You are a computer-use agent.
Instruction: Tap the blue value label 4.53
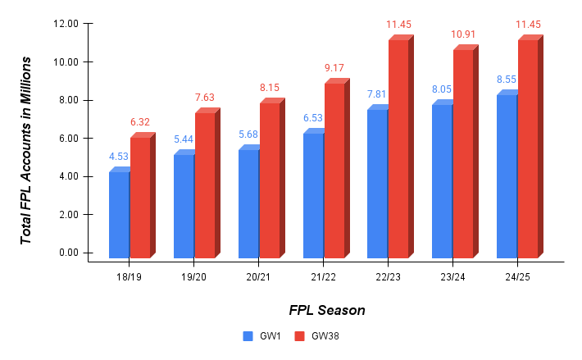pyautogui.click(x=120, y=157)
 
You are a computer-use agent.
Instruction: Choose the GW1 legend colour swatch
pyautogui.click(x=248, y=335)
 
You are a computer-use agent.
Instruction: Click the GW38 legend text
pyautogui.click(x=325, y=335)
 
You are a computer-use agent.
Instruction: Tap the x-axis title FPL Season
pyautogui.click(x=326, y=311)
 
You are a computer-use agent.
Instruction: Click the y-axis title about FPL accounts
pyautogui.click(x=27, y=149)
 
